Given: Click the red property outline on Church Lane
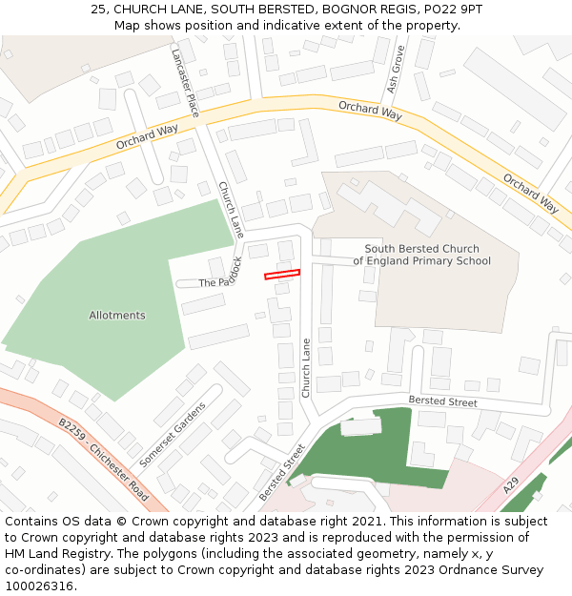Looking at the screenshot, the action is click(282, 274).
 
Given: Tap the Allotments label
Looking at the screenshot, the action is click(117, 315).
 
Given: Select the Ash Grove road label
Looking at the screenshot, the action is click(397, 69).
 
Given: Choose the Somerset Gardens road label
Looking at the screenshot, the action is click(173, 434).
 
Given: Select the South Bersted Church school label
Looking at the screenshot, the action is click(421, 255).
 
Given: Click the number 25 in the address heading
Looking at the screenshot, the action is click(98, 10).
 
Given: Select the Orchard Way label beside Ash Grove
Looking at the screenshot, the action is click(370, 111).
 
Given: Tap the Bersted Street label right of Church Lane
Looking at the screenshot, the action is click(442, 402).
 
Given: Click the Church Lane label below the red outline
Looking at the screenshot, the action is click(306, 368).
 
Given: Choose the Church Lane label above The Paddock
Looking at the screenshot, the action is click(231, 210).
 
